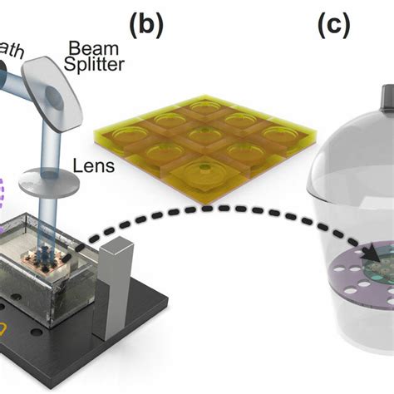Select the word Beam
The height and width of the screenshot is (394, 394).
point(92,47)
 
